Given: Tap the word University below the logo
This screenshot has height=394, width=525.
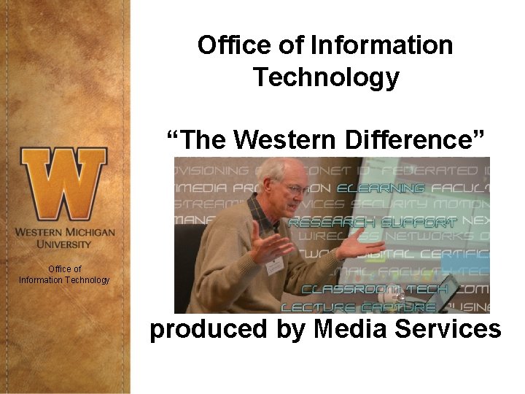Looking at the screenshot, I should (x=64, y=244).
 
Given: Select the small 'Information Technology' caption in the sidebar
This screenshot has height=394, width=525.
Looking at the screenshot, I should (x=64, y=279).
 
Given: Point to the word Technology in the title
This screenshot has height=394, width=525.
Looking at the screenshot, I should (x=326, y=77).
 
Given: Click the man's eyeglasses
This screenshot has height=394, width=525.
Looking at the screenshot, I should (x=294, y=188).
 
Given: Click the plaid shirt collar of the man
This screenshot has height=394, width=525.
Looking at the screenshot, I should (x=259, y=212).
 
